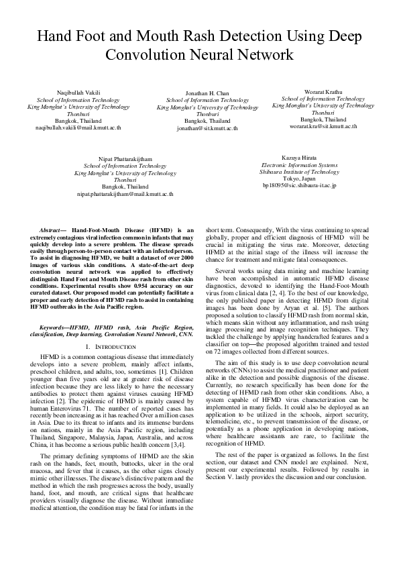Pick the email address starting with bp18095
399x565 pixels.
tap(300, 185)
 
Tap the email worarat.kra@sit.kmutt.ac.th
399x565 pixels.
tap(323, 125)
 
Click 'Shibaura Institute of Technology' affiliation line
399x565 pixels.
tap(300, 171)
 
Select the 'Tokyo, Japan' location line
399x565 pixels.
tap(300, 178)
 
